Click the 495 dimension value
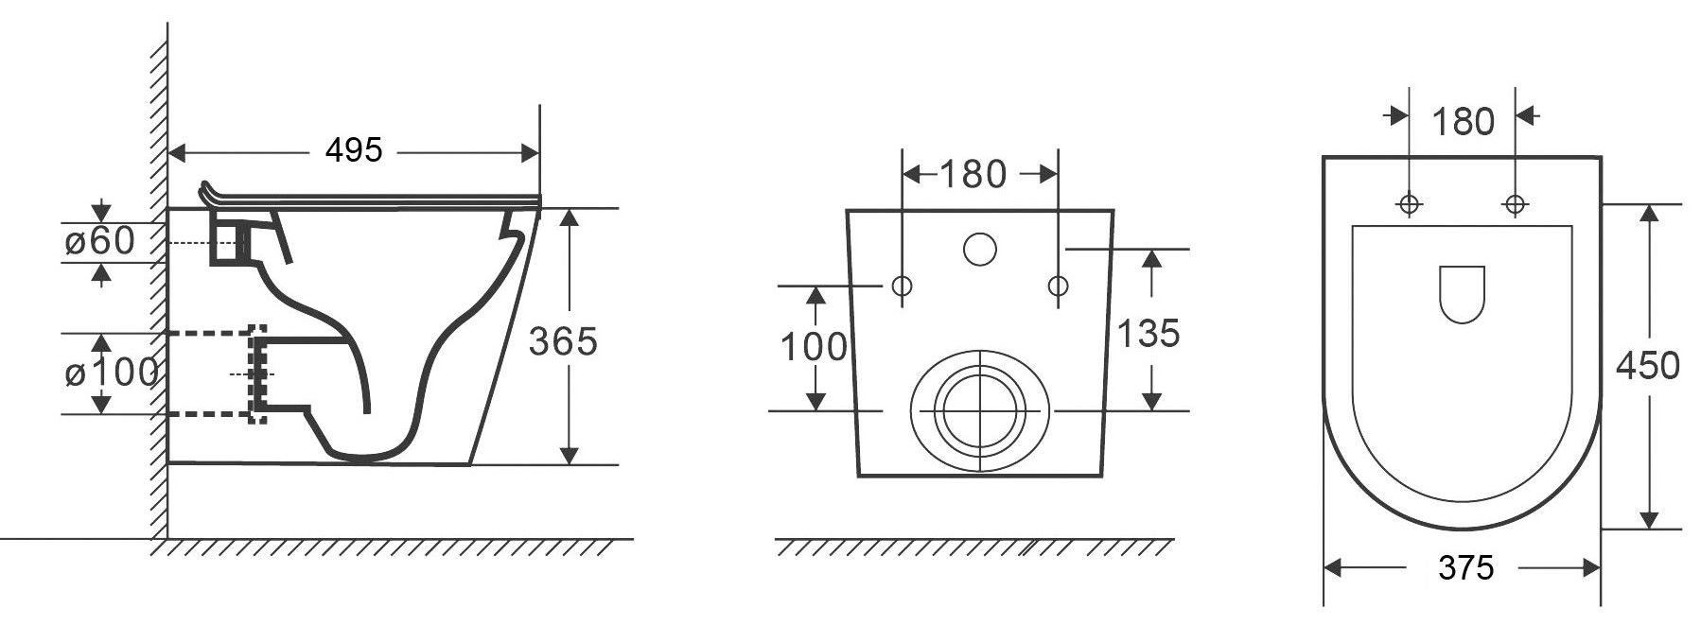point(353,149)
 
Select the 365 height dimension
point(563,341)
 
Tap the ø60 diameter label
point(100,241)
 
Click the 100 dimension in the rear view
point(814,347)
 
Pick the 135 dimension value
point(1149,333)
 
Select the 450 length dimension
point(1647,365)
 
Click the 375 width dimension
point(1466,567)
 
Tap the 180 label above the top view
point(1463,122)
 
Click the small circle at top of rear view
point(980,249)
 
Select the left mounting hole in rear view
point(902,285)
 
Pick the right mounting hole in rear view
point(1059,285)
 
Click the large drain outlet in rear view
point(979,410)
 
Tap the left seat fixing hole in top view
point(1410,203)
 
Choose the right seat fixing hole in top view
point(1516,203)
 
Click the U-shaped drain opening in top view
point(1462,295)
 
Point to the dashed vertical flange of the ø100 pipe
point(257,374)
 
